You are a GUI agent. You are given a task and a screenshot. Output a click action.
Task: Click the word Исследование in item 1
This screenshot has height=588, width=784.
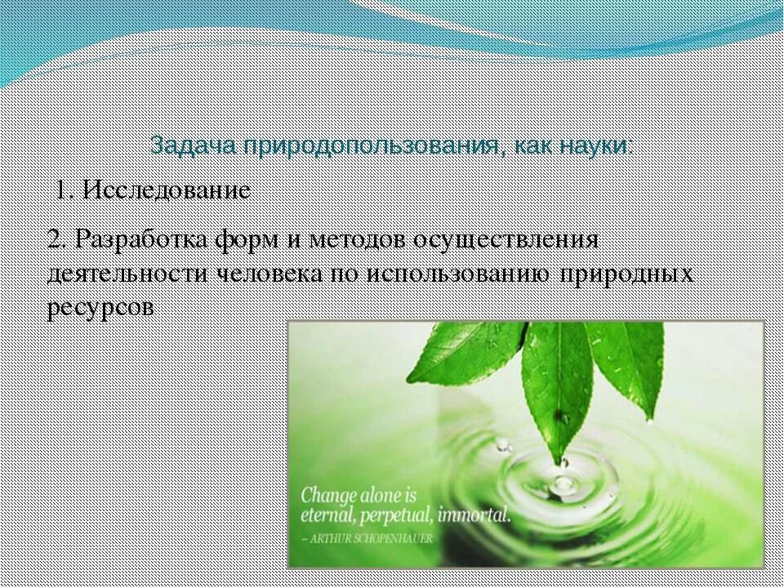coord(167,191)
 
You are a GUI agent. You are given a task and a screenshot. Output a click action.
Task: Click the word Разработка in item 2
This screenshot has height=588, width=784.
coord(139,240)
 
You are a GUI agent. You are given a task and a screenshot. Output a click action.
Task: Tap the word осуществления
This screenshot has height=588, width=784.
coord(506,240)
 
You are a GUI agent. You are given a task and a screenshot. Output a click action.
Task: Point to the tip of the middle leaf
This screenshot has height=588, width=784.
coord(560,461)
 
